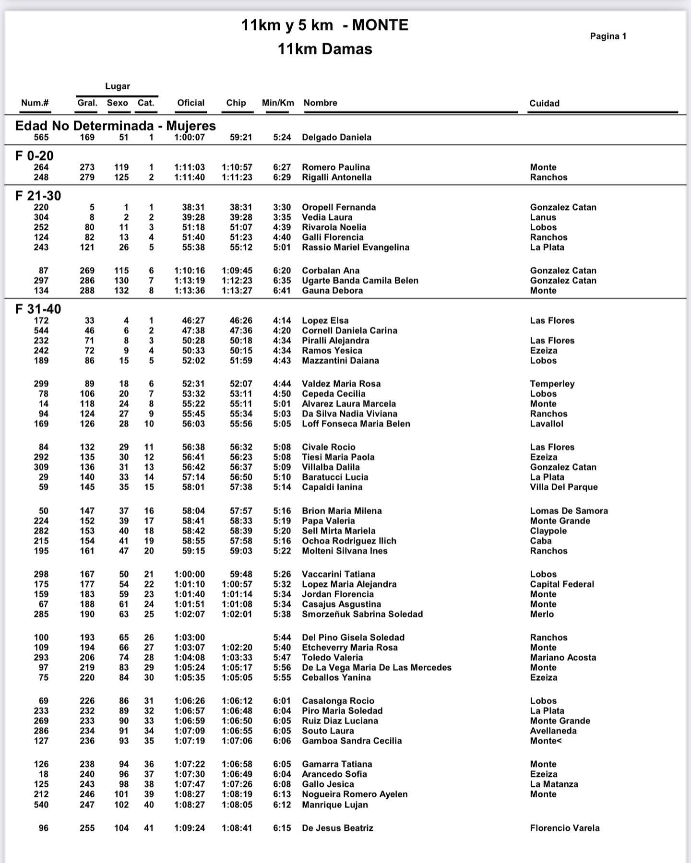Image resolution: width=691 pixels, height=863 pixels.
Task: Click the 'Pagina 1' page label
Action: click(608, 36)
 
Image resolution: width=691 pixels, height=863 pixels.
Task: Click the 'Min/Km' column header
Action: click(278, 103)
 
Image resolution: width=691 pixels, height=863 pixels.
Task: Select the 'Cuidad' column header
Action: click(544, 103)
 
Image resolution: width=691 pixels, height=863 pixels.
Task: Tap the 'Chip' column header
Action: click(236, 103)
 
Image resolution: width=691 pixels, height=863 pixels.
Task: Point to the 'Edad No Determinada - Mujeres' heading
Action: click(116, 126)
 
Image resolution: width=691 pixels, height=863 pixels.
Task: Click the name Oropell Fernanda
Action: click(339, 207)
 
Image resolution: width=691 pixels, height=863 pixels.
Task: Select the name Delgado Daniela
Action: click(336, 137)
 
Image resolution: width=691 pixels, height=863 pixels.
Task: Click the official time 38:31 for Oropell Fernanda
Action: click(193, 207)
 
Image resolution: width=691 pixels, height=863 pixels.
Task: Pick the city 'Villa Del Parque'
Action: click(564, 487)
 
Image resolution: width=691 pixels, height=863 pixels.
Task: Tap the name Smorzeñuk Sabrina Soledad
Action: click(362, 614)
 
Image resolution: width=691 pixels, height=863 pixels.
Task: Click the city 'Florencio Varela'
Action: click(565, 828)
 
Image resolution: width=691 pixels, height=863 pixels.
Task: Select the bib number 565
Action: click(41, 137)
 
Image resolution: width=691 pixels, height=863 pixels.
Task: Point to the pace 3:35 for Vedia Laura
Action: click(282, 217)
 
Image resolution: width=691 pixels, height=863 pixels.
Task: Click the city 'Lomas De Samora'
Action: click(569, 511)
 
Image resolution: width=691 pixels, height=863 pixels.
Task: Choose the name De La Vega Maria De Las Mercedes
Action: click(377, 667)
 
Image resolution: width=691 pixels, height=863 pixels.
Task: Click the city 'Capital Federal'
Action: click(562, 584)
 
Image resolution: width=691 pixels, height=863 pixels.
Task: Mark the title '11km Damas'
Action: click(325, 49)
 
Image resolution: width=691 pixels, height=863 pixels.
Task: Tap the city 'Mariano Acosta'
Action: click(563, 658)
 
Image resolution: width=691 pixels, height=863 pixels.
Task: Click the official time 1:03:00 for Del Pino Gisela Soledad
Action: click(190, 638)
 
